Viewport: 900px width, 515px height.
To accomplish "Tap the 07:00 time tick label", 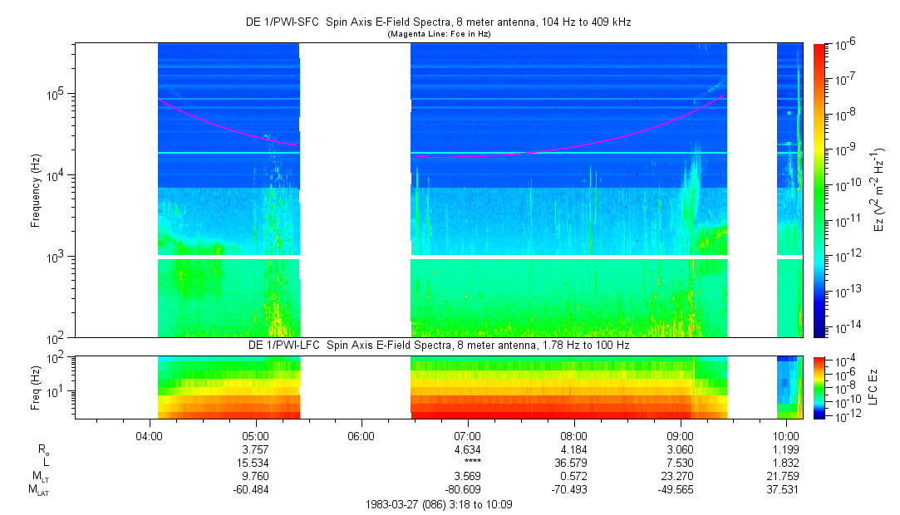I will tap(468, 435).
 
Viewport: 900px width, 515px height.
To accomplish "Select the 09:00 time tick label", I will tap(681, 435).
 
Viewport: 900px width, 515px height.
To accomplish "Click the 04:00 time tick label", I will tap(149, 435).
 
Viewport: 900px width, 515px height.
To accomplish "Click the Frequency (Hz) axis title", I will tap(36, 191).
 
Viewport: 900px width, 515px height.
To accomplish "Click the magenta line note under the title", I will tap(439, 34).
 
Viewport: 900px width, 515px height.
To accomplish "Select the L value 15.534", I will tap(255, 462).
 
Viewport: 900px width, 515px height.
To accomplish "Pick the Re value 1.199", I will tap(787, 449).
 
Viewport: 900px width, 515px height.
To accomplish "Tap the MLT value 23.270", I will tap(681, 475).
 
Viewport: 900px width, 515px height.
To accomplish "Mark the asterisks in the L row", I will tap(468, 463).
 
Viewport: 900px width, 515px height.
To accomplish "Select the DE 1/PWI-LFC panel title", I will tap(439, 345).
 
